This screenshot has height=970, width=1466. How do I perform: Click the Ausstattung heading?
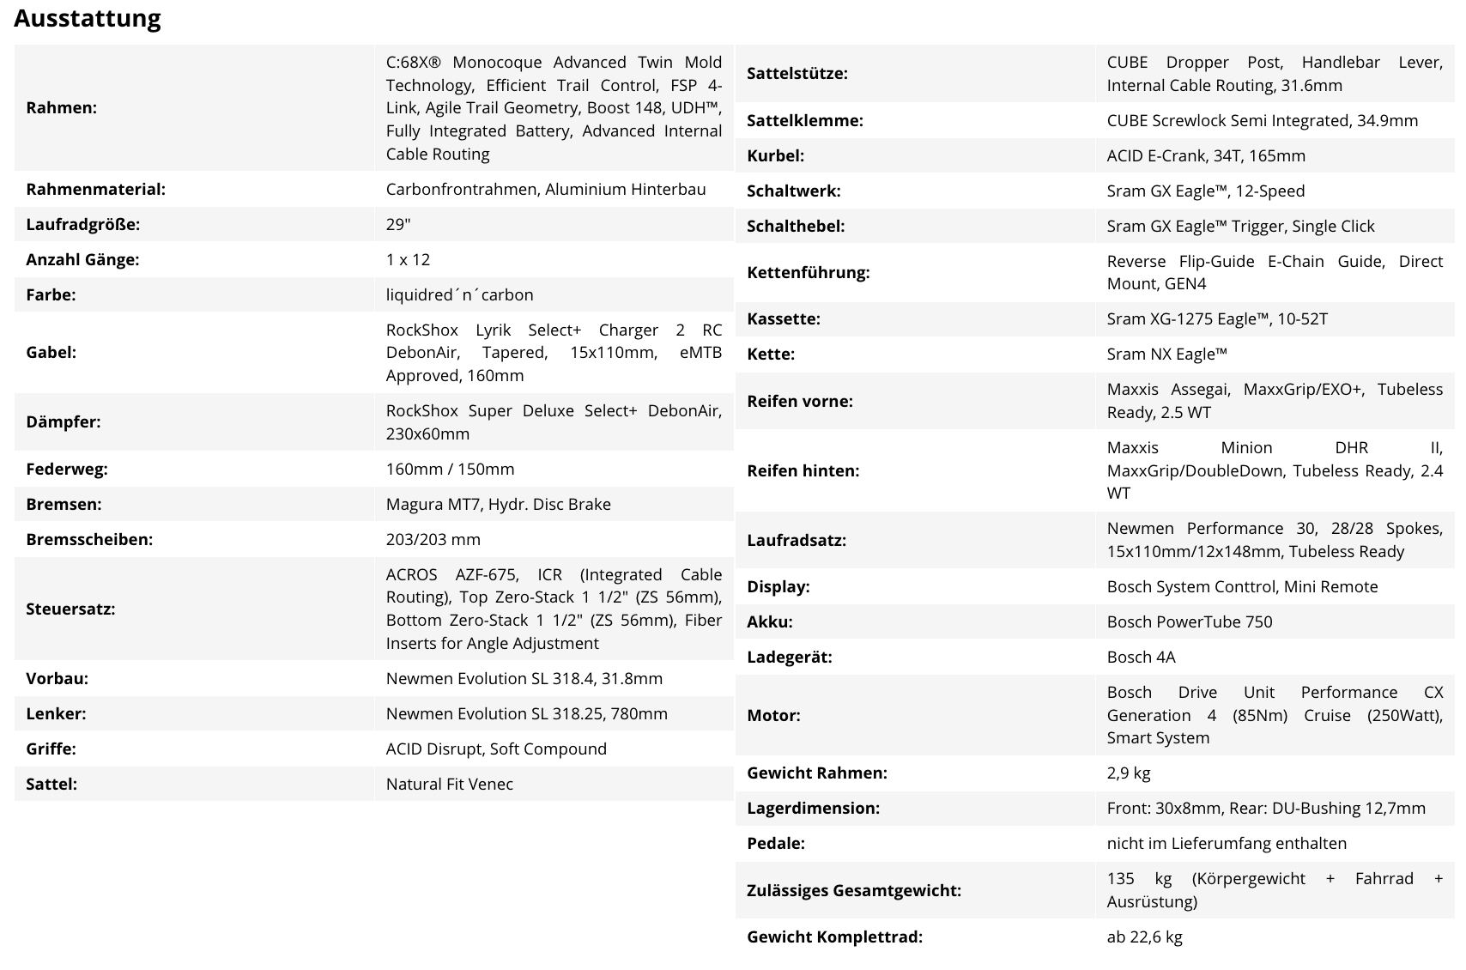point(88,18)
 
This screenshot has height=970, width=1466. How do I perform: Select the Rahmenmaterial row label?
point(95,189)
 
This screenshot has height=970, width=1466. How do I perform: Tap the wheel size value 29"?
point(398,224)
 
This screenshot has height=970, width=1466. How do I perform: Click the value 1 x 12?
point(408,259)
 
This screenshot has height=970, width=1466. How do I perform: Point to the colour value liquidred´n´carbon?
point(459,294)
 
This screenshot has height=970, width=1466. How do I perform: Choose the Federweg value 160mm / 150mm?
point(450,469)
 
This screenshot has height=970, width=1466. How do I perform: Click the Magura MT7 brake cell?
point(498,504)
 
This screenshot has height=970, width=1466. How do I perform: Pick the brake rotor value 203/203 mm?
point(433,539)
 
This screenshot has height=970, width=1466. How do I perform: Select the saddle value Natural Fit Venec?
point(449,784)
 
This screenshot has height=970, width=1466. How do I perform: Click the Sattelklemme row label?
point(804,120)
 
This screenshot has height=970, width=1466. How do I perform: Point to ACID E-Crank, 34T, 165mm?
point(1205,155)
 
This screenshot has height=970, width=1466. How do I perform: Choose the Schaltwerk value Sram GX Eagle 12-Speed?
point(1205,191)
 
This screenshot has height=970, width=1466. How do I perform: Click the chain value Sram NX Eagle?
point(1166,354)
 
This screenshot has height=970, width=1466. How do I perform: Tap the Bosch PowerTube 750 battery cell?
point(1189,621)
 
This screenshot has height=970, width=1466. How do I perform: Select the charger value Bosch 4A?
point(1141,657)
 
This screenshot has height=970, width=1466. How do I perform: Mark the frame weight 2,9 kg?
point(1128,773)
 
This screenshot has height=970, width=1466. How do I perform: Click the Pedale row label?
point(775,843)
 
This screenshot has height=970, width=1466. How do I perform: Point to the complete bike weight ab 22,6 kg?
point(1144,937)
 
